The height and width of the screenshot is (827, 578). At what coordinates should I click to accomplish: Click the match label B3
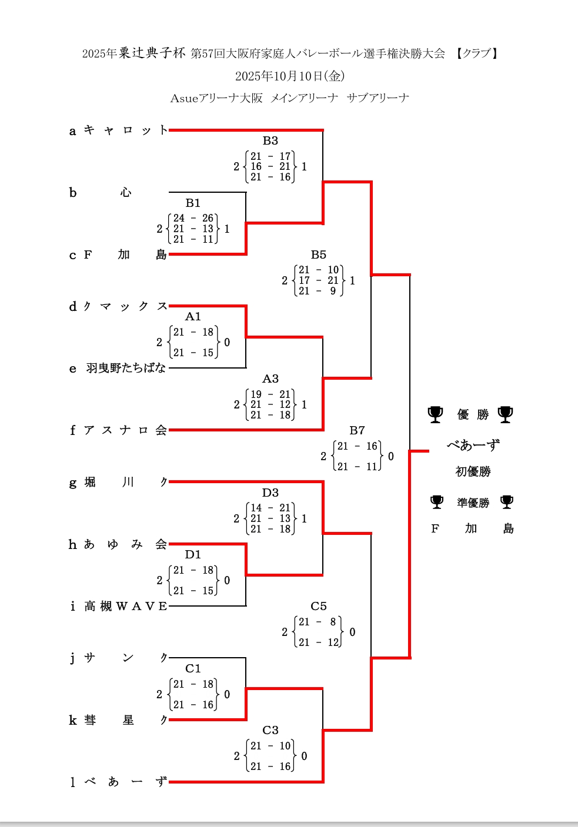tap(270, 141)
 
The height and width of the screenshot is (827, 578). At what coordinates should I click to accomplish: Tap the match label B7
tap(357, 431)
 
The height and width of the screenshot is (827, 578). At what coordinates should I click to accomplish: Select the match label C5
tap(318, 607)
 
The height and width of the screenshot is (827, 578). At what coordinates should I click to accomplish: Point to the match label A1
tap(193, 317)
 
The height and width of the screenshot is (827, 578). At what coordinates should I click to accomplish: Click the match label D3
tap(270, 493)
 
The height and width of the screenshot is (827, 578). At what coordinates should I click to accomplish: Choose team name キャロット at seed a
tap(126, 130)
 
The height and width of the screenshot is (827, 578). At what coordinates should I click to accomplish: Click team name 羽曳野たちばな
tap(126, 369)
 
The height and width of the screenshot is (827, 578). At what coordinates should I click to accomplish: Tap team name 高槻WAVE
tap(126, 607)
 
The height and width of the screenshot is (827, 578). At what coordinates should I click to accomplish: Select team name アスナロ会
tap(126, 430)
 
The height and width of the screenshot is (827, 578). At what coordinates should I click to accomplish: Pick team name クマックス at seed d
tap(126, 306)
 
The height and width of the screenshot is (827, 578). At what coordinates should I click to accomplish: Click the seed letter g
tap(72, 483)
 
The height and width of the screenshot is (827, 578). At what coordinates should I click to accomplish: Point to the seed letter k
tap(72, 721)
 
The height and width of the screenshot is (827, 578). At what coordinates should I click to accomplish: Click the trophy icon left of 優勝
tap(435, 414)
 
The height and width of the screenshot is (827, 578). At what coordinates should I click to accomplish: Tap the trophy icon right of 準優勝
tap(506, 502)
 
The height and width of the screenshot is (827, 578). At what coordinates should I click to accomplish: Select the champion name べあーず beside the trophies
tap(473, 445)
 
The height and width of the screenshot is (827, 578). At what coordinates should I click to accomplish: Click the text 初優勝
tap(473, 471)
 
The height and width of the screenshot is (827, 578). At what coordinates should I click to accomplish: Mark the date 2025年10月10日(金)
tap(290, 76)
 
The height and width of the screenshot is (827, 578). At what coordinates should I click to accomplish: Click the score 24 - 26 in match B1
tap(193, 219)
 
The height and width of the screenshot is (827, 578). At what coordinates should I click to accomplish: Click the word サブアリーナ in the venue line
tap(378, 98)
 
